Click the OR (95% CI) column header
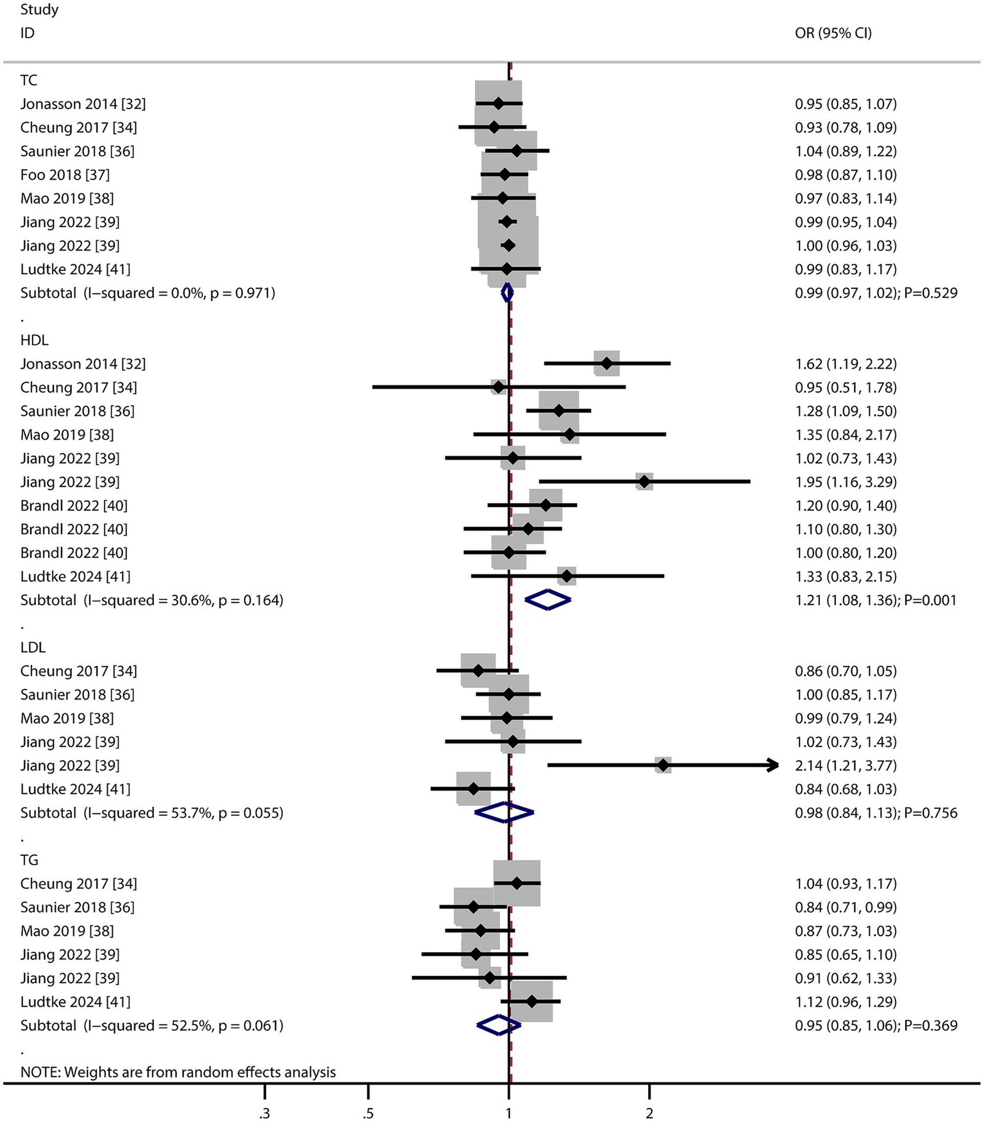(833, 33)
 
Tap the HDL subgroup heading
(34, 340)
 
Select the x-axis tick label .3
(264, 1113)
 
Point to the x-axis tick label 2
(649, 1113)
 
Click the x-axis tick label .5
(368, 1113)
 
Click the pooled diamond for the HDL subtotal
(547, 600)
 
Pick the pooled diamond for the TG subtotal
(499, 1025)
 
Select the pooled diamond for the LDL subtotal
(505, 812)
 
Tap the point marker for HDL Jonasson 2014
(606, 364)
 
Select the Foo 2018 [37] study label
(65, 174)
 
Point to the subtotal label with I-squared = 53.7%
(151, 812)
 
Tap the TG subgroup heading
(29, 860)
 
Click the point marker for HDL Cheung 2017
(498, 387)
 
